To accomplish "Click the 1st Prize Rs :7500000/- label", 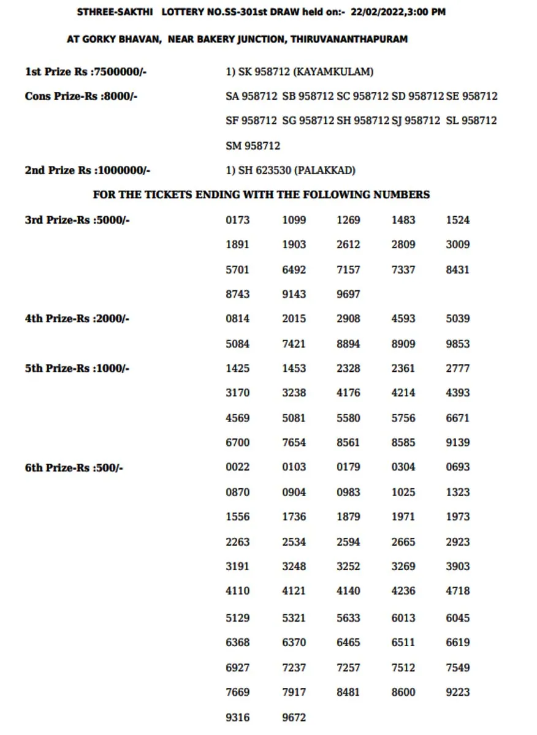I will [85, 72].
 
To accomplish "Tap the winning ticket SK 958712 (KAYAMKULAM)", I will [299, 72].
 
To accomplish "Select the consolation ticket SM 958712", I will [253, 146].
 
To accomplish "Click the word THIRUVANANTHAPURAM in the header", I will [349, 39].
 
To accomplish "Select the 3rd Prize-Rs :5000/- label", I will [77, 220].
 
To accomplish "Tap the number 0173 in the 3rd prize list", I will [238, 220].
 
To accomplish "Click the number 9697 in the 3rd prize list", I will [348, 294].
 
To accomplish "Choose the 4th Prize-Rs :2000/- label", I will [77, 318].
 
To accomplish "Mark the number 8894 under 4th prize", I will [348, 344].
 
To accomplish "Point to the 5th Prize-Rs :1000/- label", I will [77, 368].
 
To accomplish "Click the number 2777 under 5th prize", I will [458, 368].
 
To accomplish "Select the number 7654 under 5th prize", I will [294, 442].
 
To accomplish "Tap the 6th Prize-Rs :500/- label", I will [74, 467].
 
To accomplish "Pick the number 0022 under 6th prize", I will [238, 467].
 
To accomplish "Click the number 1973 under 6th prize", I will [458, 517].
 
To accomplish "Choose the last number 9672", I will [294, 717].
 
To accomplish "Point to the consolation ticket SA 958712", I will [251, 96].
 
